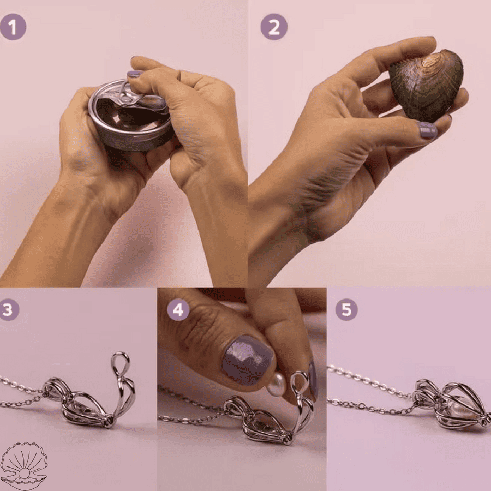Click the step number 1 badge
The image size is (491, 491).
tap(13, 27)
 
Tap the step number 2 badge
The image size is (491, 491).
tap(274, 27)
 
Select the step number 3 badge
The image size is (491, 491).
tap(8, 309)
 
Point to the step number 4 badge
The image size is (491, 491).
tap(178, 309)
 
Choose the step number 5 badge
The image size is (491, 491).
tap(346, 309)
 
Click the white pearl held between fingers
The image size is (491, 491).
tap(277, 385)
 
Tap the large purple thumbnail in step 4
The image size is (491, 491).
tap(247, 360)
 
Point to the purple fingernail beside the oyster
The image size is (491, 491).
tap(427, 130)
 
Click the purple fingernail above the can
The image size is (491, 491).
tap(135, 74)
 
